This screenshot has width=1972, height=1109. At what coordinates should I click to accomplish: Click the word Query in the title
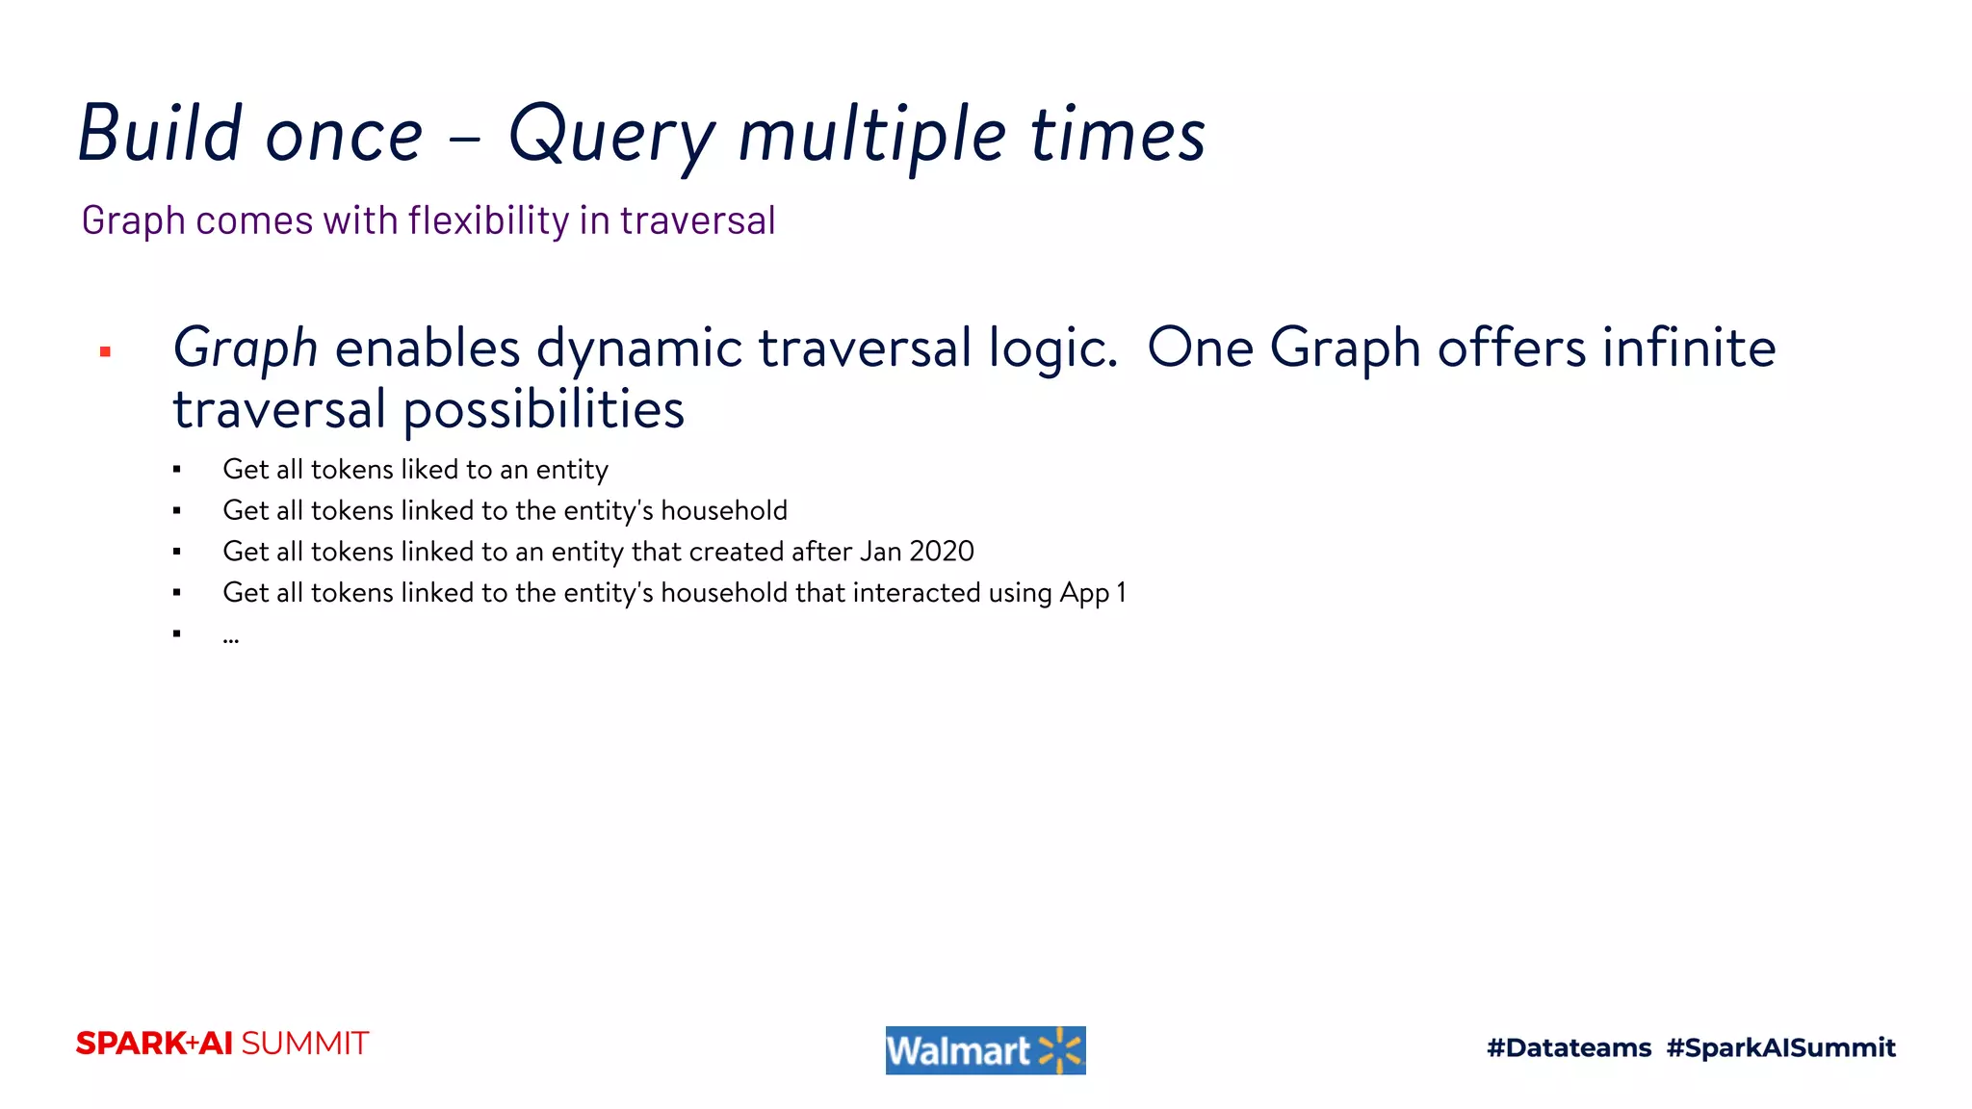coord(612,136)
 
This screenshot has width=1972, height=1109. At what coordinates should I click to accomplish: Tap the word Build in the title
coord(160,134)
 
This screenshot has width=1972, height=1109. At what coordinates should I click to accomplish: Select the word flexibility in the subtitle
coord(488,220)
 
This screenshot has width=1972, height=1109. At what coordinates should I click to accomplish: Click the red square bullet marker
coord(106,352)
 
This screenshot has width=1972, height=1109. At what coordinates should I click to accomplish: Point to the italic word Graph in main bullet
coord(245,348)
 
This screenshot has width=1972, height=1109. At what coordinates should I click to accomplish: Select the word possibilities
coord(543,410)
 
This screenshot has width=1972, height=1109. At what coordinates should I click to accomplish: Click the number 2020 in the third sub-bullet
coord(942,552)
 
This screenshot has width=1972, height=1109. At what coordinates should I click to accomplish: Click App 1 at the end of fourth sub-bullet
coord(1092,593)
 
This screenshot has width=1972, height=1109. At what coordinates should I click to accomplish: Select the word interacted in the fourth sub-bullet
coord(916,593)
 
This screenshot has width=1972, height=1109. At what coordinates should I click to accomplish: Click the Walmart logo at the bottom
coord(985,1050)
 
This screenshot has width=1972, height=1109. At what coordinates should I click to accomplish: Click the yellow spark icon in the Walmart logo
coord(1060,1050)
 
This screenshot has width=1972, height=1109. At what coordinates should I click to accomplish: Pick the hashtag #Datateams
coord(1569,1047)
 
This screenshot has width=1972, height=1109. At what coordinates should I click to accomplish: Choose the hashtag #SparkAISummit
coord(1780,1047)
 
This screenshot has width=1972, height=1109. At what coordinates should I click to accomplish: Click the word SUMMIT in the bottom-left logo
coord(305,1044)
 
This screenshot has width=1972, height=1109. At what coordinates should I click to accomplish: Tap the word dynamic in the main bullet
coord(638,348)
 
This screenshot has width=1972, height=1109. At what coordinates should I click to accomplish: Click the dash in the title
coord(465,138)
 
